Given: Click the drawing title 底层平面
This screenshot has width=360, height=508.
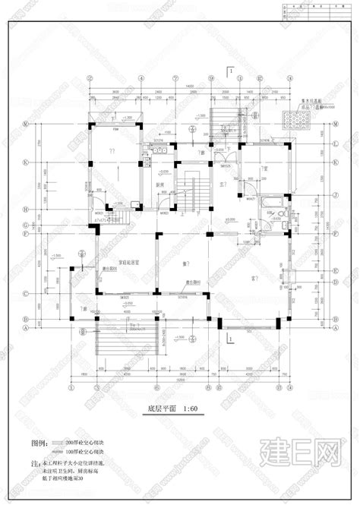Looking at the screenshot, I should coord(163,409).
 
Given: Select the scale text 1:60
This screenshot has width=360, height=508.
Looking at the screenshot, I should coord(193,409).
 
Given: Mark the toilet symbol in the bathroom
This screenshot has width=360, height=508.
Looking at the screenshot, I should coord(280,216).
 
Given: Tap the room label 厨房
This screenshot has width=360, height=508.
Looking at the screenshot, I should coord(161,185).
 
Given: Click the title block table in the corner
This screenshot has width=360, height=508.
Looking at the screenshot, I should coord(314,11).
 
